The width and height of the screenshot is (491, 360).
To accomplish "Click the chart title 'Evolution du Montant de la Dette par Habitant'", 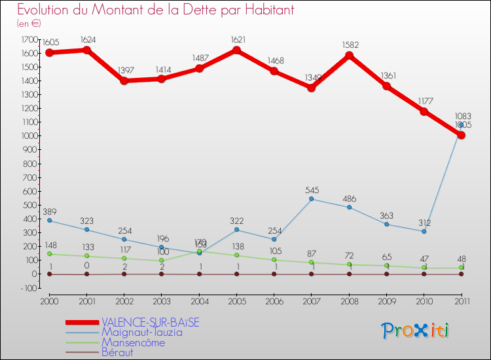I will (x=155, y=10).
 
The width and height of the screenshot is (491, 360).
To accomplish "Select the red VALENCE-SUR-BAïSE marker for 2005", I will (x=236, y=50).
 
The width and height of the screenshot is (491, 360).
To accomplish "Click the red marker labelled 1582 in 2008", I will (x=349, y=56).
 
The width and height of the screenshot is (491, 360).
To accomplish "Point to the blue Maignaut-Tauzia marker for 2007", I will (x=312, y=199).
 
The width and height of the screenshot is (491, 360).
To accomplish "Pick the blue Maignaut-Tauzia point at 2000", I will (x=49, y=221).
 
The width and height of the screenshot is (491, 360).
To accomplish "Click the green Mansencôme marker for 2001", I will (x=86, y=256).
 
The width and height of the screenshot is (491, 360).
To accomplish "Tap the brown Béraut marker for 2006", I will (x=274, y=274).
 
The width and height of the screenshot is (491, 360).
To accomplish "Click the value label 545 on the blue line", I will (x=312, y=190).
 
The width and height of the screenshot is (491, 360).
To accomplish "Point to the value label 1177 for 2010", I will (x=424, y=101).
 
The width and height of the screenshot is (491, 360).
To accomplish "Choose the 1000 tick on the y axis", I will (x=29, y=136).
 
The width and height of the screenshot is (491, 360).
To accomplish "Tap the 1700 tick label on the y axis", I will (x=29, y=39).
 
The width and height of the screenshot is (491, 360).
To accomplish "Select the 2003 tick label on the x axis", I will (x=161, y=301).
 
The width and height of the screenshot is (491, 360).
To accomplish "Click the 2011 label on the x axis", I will (x=461, y=301).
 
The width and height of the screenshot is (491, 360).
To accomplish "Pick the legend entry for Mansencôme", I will (x=133, y=342).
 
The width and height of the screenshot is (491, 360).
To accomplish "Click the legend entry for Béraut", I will (x=117, y=352).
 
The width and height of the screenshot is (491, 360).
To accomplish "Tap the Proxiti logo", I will (x=416, y=331).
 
